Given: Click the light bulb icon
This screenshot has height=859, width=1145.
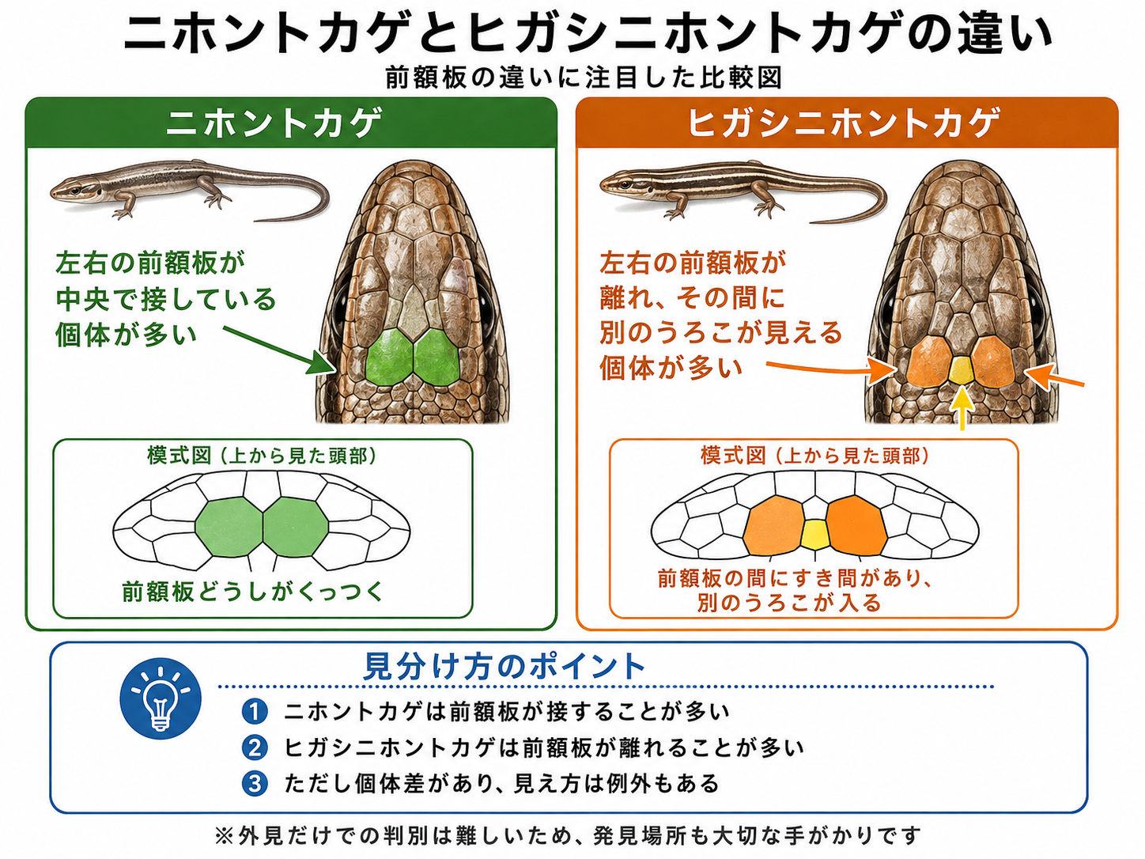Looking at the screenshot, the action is [161, 698].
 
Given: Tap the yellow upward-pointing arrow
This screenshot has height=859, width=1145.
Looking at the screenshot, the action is [962, 408].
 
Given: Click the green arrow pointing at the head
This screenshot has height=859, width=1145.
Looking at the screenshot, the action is [279, 349].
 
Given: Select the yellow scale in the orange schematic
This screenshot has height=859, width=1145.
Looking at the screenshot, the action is [814, 534].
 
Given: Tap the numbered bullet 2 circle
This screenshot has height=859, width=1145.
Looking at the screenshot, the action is [255, 748].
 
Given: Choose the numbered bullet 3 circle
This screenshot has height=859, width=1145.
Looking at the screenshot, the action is [255, 784].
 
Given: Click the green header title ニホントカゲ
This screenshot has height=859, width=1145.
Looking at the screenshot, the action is [274, 123].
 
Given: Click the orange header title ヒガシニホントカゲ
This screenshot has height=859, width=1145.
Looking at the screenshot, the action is [844, 123].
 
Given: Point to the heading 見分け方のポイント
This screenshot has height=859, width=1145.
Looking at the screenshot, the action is [504, 667].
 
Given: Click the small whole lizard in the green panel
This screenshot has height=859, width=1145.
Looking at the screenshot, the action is [190, 191].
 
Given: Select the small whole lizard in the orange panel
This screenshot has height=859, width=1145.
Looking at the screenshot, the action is [743, 191].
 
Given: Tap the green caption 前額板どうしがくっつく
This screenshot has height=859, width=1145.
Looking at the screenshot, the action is [253, 592].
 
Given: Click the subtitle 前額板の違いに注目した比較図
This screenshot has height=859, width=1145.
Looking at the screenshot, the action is [584, 78].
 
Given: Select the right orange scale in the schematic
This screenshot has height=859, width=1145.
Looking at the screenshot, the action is [856, 524].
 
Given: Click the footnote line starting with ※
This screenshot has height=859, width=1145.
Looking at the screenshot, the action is [568, 836].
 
